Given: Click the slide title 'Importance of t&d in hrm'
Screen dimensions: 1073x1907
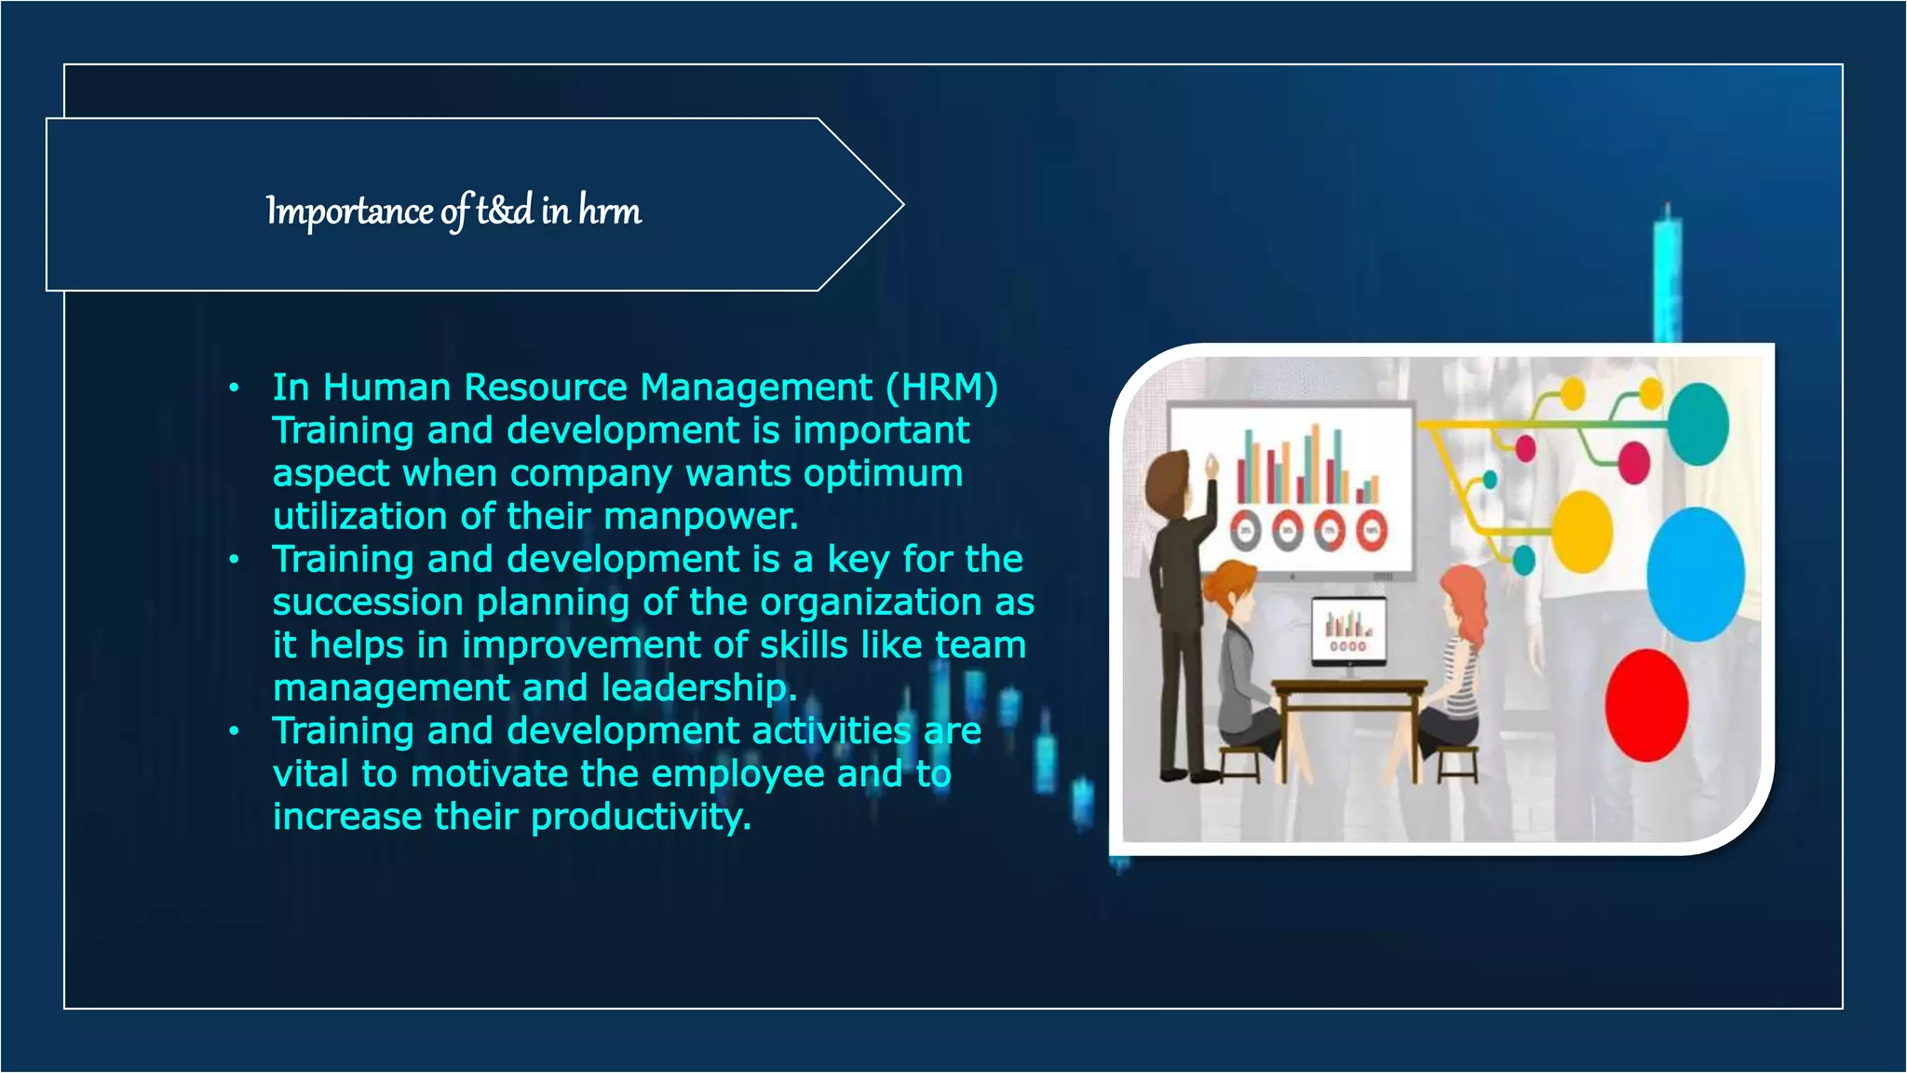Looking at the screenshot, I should tap(453, 211).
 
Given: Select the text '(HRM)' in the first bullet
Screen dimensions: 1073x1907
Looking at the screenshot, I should tap(941, 387).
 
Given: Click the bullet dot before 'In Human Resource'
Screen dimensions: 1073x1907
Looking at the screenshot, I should tap(235, 387).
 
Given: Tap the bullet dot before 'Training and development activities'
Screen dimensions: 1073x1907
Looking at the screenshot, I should tap(235, 731).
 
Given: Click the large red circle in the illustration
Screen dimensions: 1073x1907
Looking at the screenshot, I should tap(1646, 706).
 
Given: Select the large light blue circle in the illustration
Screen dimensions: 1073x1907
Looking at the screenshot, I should tap(1695, 574).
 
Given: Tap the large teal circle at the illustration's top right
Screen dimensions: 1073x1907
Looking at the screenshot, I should tap(1698, 424).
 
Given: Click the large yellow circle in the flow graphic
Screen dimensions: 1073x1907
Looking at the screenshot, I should tap(1582, 533).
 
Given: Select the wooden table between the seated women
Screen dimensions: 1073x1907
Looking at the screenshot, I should tap(1347, 694).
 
